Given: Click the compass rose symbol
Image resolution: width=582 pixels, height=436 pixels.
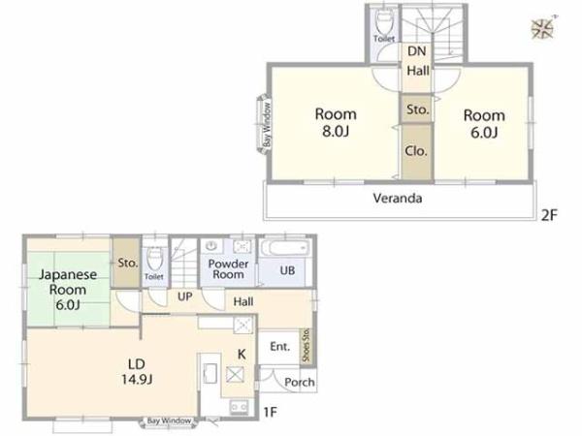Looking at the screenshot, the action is point(542,29).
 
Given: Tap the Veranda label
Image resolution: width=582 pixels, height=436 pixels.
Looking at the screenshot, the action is point(398,199).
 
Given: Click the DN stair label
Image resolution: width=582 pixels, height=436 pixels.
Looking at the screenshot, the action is point(417,51).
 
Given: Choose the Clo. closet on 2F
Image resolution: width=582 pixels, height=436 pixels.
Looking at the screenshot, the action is point(417,152).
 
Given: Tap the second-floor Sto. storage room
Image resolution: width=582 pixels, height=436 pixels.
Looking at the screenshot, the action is point(417,109).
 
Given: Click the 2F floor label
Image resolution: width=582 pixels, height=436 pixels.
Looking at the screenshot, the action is point(549,215).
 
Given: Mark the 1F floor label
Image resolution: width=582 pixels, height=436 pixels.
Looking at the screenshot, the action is point(271,412).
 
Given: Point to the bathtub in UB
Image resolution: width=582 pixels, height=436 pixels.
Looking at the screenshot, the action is point(284,248).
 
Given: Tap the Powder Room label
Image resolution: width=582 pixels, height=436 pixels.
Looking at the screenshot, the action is point(228,269).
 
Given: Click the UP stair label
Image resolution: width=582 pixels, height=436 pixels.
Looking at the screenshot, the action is point(185,296).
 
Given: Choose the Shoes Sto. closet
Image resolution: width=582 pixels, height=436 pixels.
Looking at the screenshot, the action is point(306,346).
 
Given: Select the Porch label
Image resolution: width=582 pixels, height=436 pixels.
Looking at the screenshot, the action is point(300,383).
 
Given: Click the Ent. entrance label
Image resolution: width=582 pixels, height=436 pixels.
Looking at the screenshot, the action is point(280,347).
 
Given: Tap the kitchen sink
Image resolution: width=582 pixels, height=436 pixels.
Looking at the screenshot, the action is point(210,373).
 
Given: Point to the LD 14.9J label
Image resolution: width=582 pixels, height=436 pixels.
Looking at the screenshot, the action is point(137,371).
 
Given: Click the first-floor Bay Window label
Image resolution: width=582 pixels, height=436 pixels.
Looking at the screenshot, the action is point(169,421).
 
